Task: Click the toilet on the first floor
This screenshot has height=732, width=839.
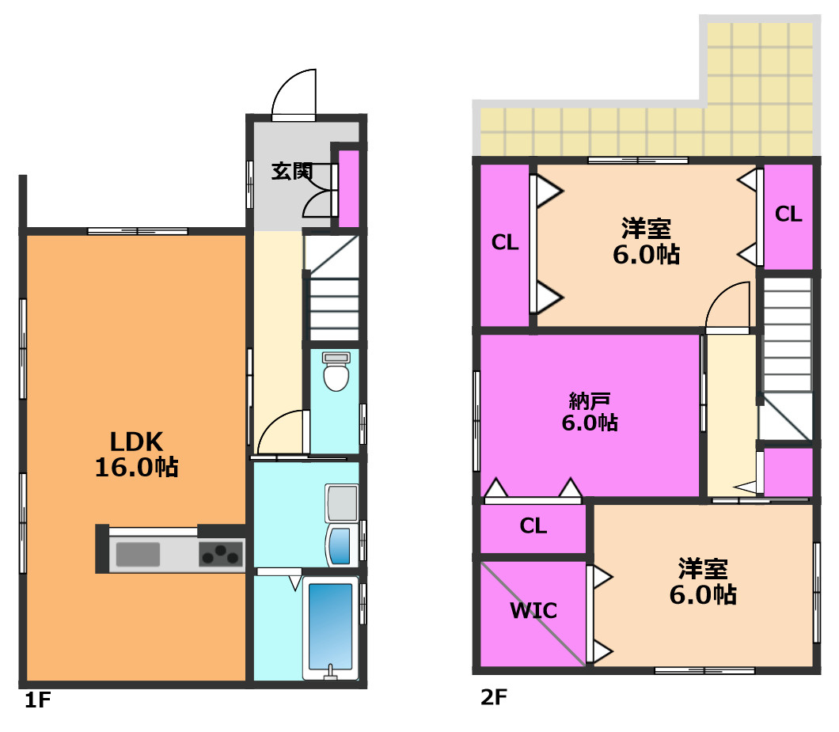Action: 336,371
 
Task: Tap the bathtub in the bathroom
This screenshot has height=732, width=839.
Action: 331,626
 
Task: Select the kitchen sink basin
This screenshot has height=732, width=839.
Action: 138,555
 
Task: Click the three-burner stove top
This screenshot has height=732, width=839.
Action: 221,554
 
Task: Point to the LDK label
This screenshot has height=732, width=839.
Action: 136,442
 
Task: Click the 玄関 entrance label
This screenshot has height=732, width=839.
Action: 291,171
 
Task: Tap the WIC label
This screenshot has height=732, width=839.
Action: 533,611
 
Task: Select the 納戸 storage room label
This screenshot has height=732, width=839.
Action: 590,400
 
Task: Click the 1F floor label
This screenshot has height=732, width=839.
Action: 37,700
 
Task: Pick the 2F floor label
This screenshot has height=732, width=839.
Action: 494,697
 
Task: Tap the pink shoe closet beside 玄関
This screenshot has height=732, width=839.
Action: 349,188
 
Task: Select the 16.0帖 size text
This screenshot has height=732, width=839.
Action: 136,467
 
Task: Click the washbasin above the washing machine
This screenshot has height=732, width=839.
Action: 341,503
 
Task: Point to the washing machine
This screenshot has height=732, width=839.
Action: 342,545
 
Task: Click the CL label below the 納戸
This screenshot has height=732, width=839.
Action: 533,526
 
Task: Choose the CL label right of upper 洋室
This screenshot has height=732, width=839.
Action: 788,214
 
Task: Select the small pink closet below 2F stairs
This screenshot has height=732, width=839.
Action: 788,472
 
